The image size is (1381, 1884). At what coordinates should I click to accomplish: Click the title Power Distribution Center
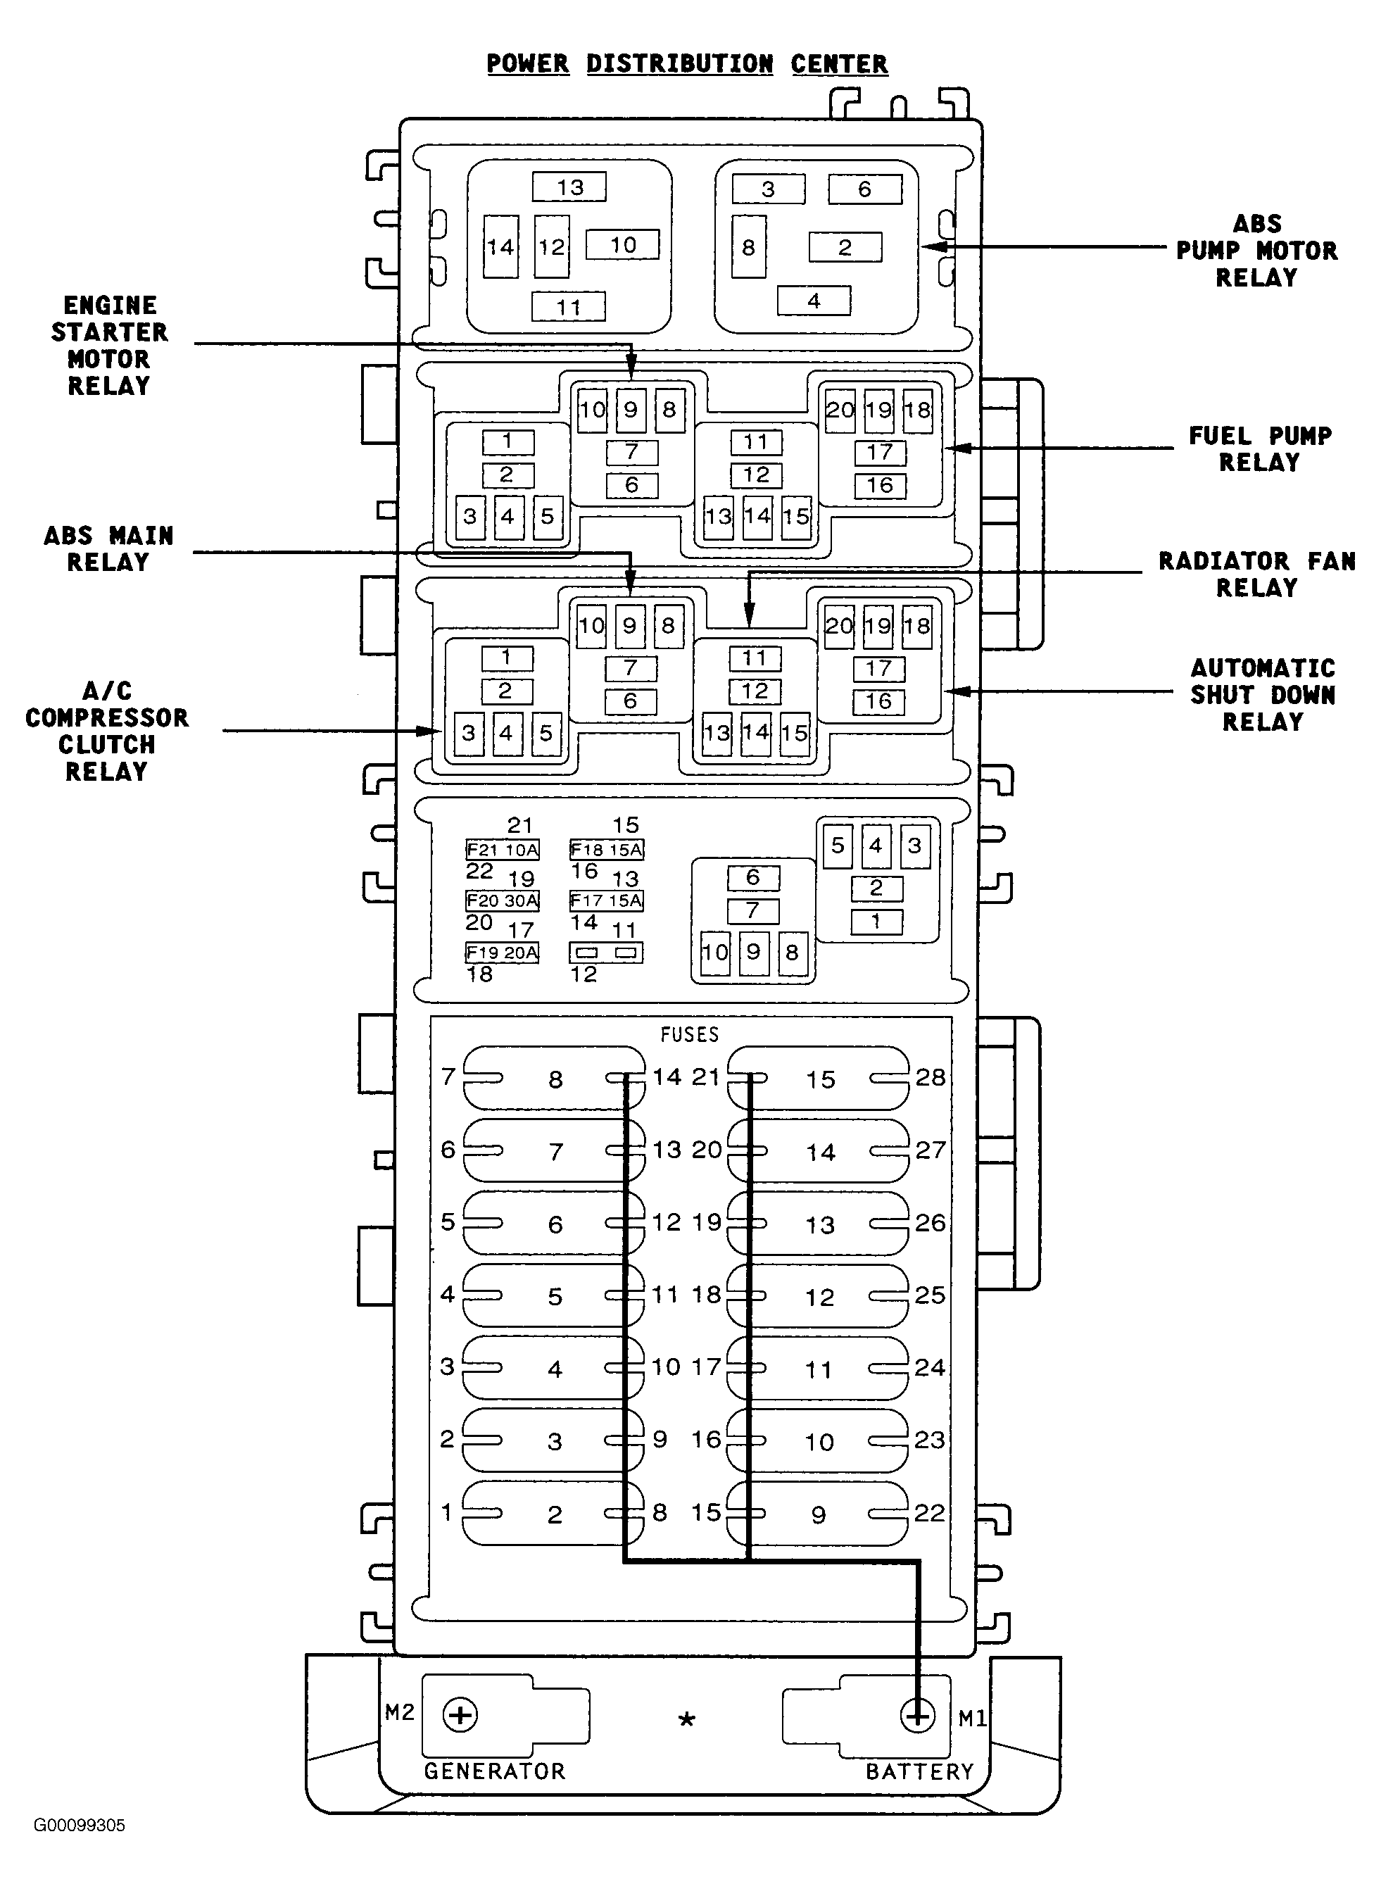pyautogui.click(x=687, y=64)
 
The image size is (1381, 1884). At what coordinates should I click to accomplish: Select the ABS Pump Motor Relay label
pyautogui.click(x=1256, y=251)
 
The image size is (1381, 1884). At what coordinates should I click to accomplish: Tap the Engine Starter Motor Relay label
pyautogui.click(x=110, y=346)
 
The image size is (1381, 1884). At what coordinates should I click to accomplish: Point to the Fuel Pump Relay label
pyautogui.click(x=1261, y=449)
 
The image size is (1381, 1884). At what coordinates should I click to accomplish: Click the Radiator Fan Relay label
pyautogui.click(x=1257, y=574)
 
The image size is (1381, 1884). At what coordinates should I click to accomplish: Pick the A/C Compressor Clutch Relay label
pyautogui.click(x=107, y=731)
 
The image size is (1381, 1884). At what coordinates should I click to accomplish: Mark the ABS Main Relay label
pyautogui.click(x=108, y=549)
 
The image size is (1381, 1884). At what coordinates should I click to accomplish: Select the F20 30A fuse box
pyautogui.click(x=503, y=900)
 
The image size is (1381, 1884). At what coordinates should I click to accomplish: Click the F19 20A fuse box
pyautogui.click(x=503, y=953)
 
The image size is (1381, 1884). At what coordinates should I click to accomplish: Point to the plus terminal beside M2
pyautogui.click(x=460, y=1715)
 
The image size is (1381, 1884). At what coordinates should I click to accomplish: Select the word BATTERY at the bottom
pyautogui.click(x=919, y=1772)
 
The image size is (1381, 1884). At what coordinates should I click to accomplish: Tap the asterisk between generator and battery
pyautogui.click(x=686, y=1720)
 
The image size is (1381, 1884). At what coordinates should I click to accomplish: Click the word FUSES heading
pyautogui.click(x=690, y=1034)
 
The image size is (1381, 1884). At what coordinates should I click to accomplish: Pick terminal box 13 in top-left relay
pyautogui.click(x=569, y=187)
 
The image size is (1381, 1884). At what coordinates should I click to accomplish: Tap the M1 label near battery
pyautogui.click(x=972, y=1719)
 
